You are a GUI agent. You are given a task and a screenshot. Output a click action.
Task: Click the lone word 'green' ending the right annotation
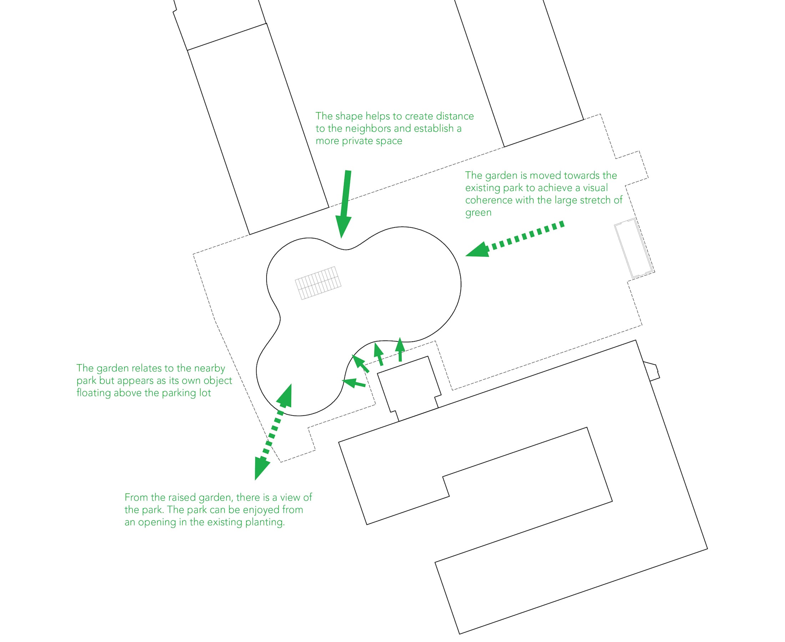478,213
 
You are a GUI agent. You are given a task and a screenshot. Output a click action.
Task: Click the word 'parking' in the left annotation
179,393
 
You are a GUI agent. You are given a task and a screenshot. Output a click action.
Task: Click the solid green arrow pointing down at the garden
344,204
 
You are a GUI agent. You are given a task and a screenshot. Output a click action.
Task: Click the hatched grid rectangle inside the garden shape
318,283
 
